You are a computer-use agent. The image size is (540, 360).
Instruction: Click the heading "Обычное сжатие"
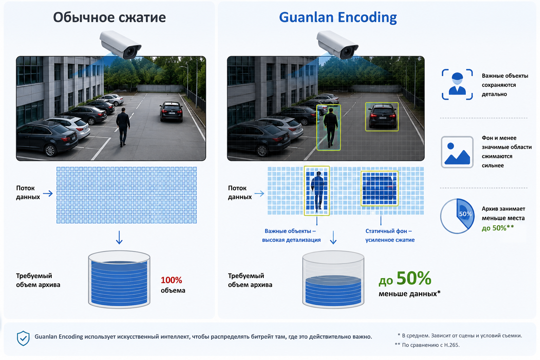pyautogui.click(x=109, y=17)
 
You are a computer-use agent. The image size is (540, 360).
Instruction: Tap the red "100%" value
pyautogui.click(x=172, y=280)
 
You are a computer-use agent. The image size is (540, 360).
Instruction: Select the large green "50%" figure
pyautogui.click(x=414, y=278)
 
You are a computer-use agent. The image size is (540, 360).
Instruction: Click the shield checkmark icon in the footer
pyautogui.click(x=23, y=338)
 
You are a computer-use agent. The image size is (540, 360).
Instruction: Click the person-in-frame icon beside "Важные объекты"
pyautogui.click(x=457, y=84)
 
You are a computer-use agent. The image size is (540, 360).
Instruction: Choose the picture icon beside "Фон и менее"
pyautogui.click(x=457, y=152)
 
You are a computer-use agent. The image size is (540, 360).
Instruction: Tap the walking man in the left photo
pyautogui.click(x=123, y=127)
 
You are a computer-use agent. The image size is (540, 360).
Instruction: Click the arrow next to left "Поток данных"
pyautogui.click(x=48, y=193)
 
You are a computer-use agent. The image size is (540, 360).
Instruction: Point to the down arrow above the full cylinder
pyautogui.click(x=119, y=238)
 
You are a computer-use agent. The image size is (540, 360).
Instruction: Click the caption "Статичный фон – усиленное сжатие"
pyautogui.click(x=390, y=235)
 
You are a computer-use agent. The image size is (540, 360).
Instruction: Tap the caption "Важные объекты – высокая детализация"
pyautogui.click(x=291, y=235)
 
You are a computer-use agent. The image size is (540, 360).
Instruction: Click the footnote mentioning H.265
pyautogui.click(x=427, y=345)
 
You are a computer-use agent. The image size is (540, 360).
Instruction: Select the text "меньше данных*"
pyautogui.click(x=410, y=294)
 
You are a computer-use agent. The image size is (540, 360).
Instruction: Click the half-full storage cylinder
pyautogui.click(x=333, y=280)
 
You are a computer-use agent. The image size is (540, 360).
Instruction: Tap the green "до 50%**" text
pyautogui.click(x=498, y=228)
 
